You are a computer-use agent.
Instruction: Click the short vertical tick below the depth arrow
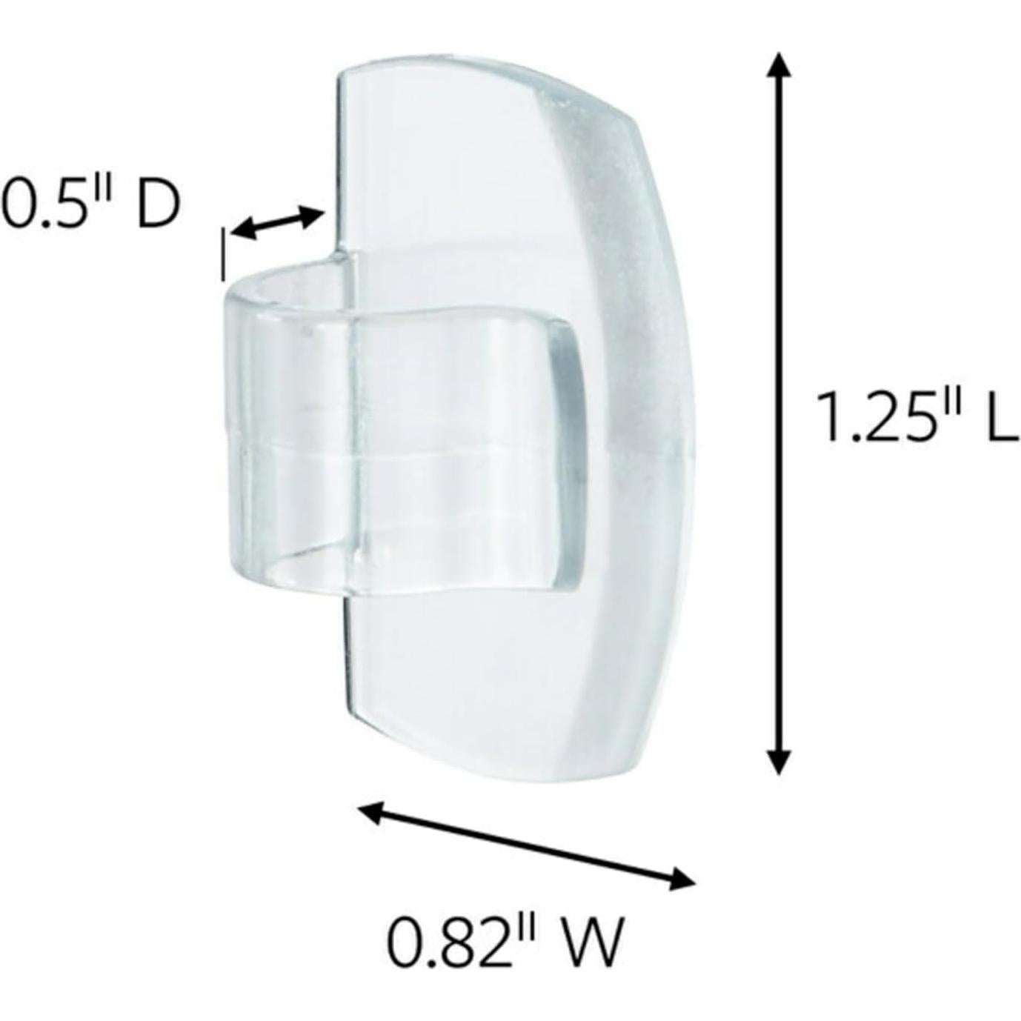tap(223, 256)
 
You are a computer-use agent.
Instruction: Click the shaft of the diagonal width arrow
tap(526, 846)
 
